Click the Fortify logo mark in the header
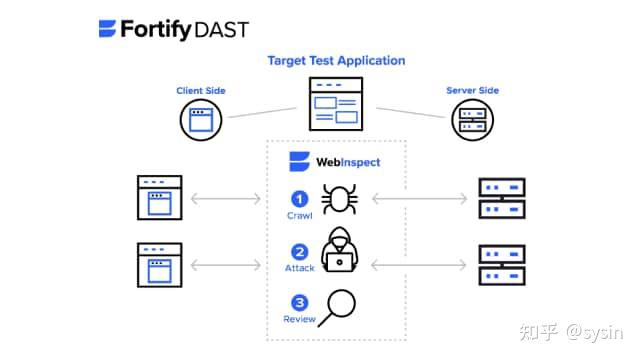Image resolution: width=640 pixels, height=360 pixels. pos(108,29)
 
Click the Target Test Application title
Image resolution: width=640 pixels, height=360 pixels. pos(336,61)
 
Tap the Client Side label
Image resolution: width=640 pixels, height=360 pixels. pos(201,91)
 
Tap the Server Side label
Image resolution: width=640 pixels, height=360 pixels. pos(472,91)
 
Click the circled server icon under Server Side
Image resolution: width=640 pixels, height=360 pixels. pos(472,121)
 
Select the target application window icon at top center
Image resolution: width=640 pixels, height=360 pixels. pos(336,106)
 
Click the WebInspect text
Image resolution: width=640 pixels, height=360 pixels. pos(348,162)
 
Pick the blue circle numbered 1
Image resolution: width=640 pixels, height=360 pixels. pos(300,198)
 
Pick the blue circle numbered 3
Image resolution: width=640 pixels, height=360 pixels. pos(300,302)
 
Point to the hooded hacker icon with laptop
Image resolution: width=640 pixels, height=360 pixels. pos(340,250)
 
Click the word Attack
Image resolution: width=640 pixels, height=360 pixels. pos(300,268)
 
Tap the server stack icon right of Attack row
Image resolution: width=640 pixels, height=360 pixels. pos(501,264)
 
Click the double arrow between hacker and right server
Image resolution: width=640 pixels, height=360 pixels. pos(418,264)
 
